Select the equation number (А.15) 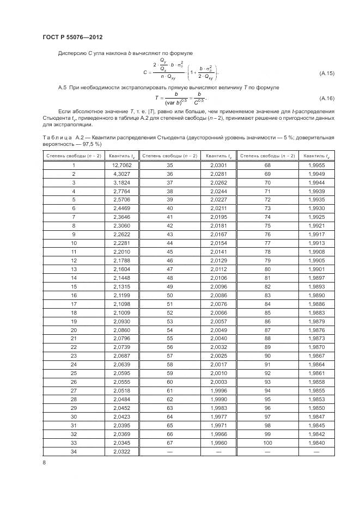click(326, 73)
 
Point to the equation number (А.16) click(326, 99)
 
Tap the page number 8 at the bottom click(44, 462)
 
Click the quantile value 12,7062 click(122, 164)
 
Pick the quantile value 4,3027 click(122, 174)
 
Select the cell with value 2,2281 click(122, 242)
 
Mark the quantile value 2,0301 click(218, 164)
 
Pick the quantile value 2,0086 click(218, 295)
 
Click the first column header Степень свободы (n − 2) click(73, 155)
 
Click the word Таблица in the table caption click(56, 139)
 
